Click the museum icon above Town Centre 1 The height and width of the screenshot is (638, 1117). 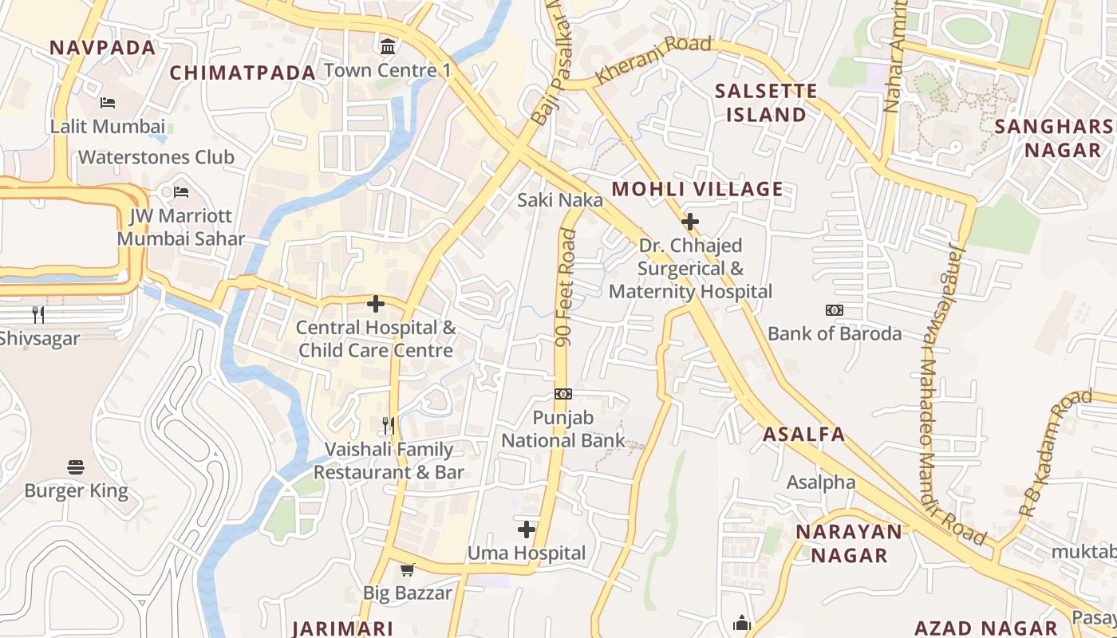click(388, 47)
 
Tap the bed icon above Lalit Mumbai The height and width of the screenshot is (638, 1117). click(108, 103)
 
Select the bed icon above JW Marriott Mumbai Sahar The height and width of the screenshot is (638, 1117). click(181, 192)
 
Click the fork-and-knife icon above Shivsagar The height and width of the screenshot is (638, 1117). click(37, 315)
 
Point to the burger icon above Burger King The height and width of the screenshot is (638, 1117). click(76, 467)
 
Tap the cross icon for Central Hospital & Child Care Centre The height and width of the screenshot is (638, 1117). click(376, 304)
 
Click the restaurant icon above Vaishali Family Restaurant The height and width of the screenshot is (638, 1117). click(389, 425)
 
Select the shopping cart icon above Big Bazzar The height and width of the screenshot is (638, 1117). click(408, 569)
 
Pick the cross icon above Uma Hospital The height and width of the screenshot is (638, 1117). click(526, 530)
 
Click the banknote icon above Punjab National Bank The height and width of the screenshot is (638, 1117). click(563, 394)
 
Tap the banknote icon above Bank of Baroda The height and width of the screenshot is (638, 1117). click(835, 310)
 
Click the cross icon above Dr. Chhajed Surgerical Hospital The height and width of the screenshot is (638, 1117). click(690, 222)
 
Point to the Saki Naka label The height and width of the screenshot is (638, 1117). click(560, 199)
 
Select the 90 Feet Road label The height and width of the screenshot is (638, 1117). click(565, 287)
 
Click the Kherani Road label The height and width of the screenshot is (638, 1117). click(653, 61)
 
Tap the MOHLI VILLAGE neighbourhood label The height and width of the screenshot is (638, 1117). click(697, 189)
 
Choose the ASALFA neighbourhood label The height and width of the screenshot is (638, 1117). click(803, 435)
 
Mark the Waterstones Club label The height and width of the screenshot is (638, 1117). click(156, 157)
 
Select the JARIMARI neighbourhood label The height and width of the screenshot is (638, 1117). click(343, 628)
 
